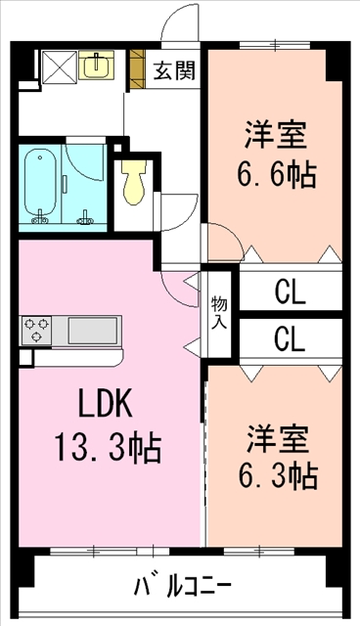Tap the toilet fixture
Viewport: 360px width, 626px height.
coord(134,180)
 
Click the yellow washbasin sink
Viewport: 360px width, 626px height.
coord(96,66)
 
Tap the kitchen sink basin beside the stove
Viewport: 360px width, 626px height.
coord(93,330)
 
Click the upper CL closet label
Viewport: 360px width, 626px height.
coord(289,291)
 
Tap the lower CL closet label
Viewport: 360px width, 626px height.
coord(289,339)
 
